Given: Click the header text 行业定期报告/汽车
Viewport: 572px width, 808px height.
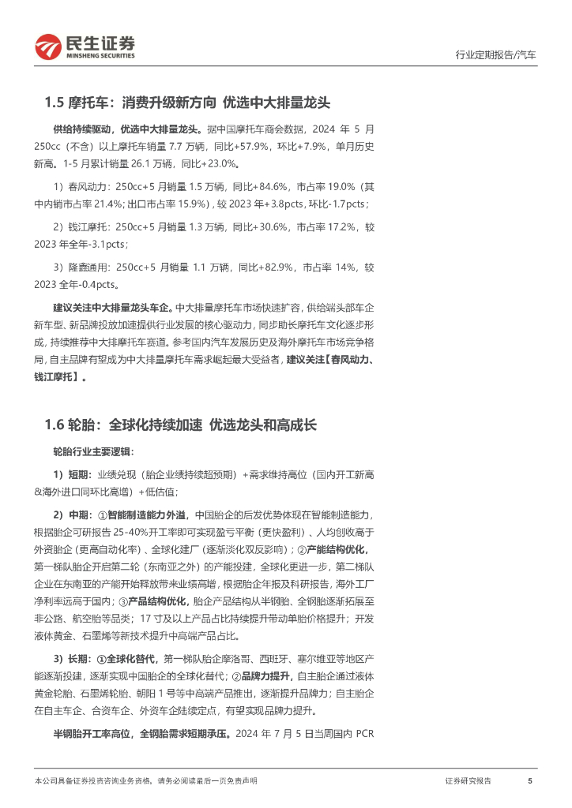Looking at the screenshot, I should pos(496,55).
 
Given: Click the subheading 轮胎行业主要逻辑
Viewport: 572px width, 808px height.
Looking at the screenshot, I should pos(93,452).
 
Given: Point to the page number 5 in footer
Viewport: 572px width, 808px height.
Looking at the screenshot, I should pos(529,780).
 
